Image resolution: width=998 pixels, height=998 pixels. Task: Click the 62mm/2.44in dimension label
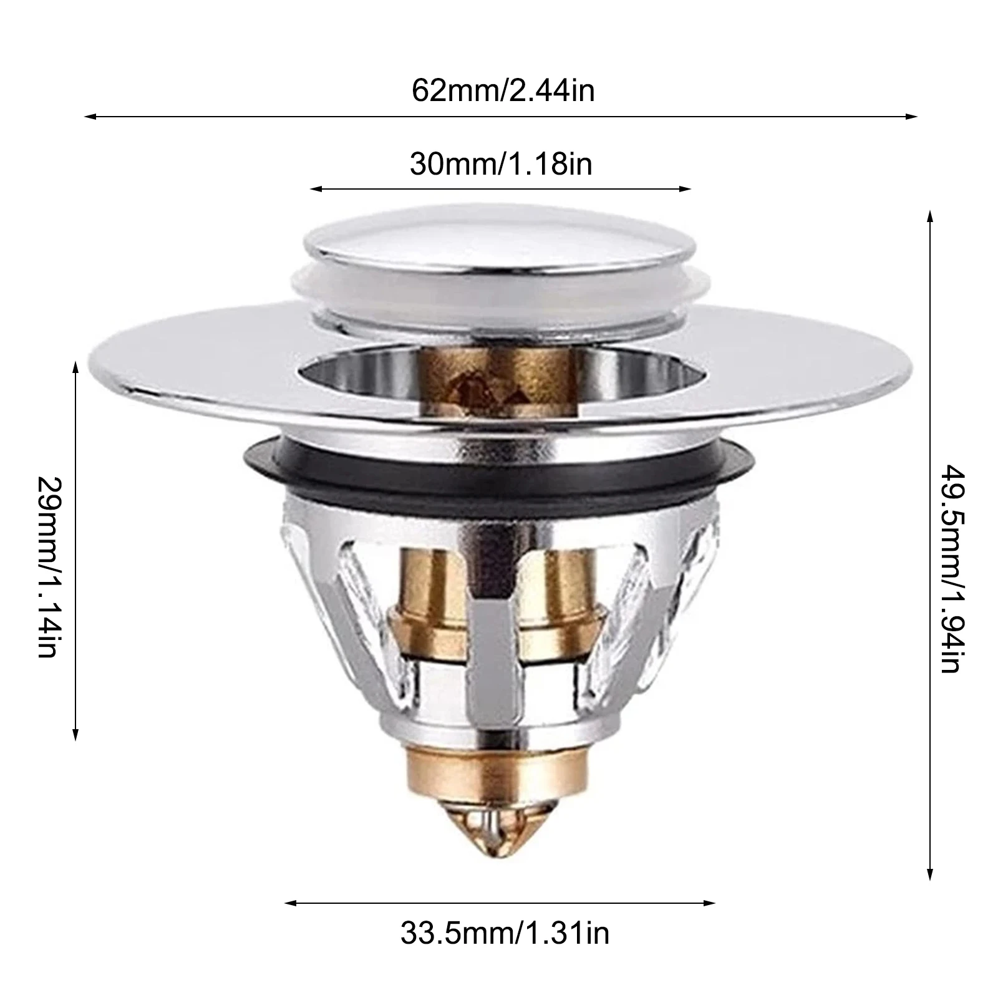(503, 91)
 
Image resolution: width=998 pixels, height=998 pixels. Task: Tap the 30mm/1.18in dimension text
(501, 165)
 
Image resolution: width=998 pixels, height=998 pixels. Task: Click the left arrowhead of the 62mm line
(87, 116)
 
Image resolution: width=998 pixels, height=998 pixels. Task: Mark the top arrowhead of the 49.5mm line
(930, 216)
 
